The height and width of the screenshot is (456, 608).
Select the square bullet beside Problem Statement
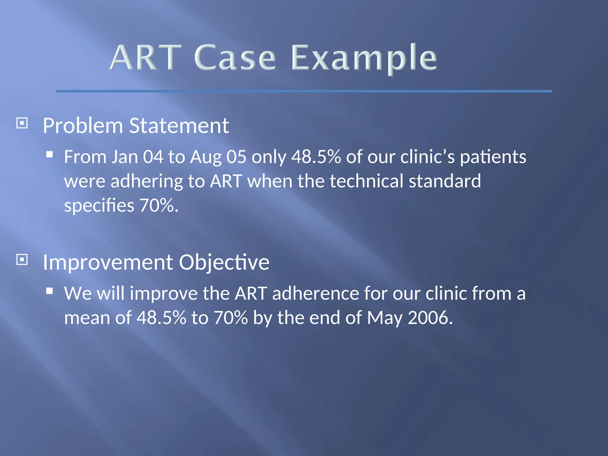pos(22,123)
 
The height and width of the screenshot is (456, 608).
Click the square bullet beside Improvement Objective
pos(22,260)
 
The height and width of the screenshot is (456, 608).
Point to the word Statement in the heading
pos(179,126)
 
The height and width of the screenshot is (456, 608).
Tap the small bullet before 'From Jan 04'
pos(50,154)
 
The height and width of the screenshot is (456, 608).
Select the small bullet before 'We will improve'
pos(50,291)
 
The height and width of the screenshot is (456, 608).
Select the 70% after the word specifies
pos(159,205)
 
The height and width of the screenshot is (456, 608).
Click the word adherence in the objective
pos(315,294)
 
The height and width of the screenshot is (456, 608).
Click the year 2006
pos(430,318)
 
